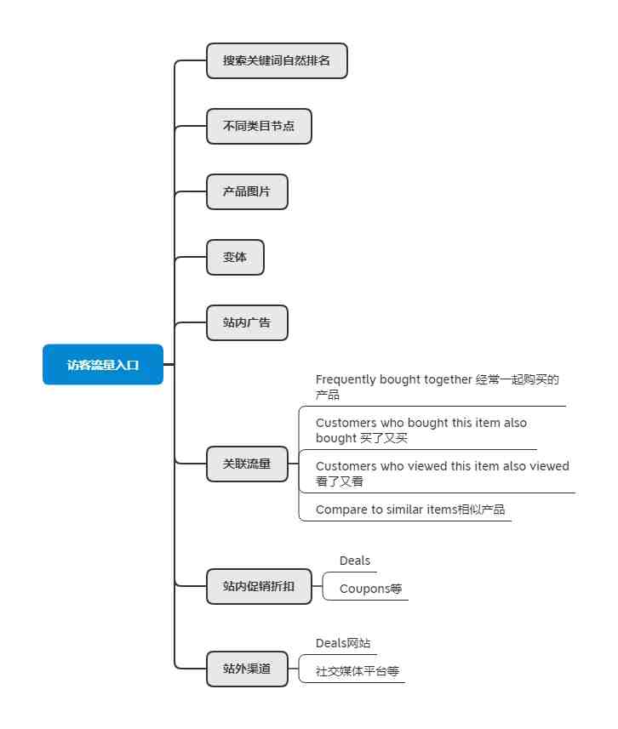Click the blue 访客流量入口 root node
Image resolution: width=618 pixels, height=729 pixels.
pos(103,364)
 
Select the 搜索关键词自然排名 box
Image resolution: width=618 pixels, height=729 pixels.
pos(277,61)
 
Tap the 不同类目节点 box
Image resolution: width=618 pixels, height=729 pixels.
pos(259,127)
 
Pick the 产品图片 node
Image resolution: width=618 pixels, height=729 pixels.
pos(247,192)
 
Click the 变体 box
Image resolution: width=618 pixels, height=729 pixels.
pos(235,258)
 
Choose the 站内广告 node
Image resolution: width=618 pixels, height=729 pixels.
pos(247,323)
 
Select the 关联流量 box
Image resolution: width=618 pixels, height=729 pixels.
pos(247,464)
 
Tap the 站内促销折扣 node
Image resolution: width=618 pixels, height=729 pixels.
pos(259,586)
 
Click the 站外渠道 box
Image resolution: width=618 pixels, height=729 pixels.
pos(247,669)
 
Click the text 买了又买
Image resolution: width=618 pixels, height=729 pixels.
pos(385,438)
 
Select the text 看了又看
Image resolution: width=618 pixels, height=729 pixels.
pos(340,481)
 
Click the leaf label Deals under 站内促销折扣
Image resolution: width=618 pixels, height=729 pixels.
pos(355,561)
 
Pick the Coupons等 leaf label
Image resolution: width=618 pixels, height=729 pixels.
pos(370,589)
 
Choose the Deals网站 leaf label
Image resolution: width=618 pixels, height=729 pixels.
pos(343,643)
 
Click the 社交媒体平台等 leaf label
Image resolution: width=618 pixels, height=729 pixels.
pos(358,671)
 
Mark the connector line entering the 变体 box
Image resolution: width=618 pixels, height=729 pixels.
pos(191,257)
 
